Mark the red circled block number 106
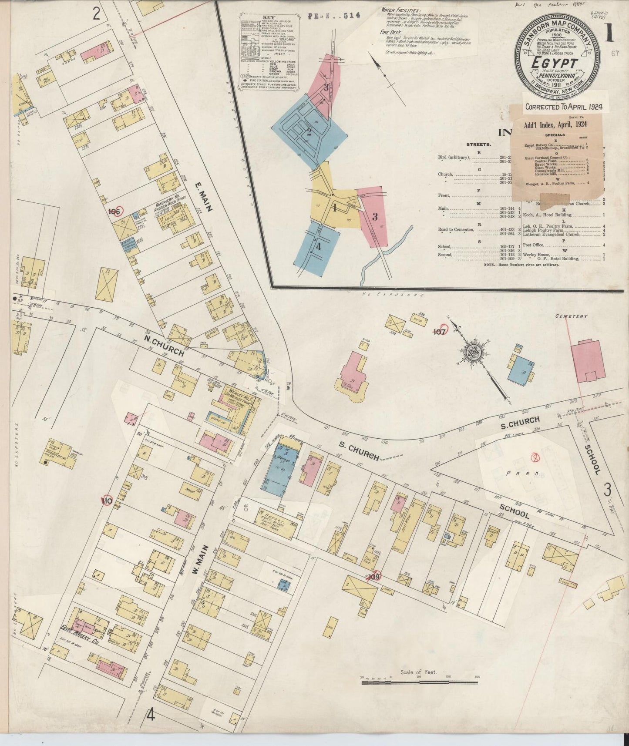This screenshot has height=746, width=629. (x=114, y=212)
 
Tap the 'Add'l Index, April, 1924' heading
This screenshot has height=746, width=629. (x=558, y=124)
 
